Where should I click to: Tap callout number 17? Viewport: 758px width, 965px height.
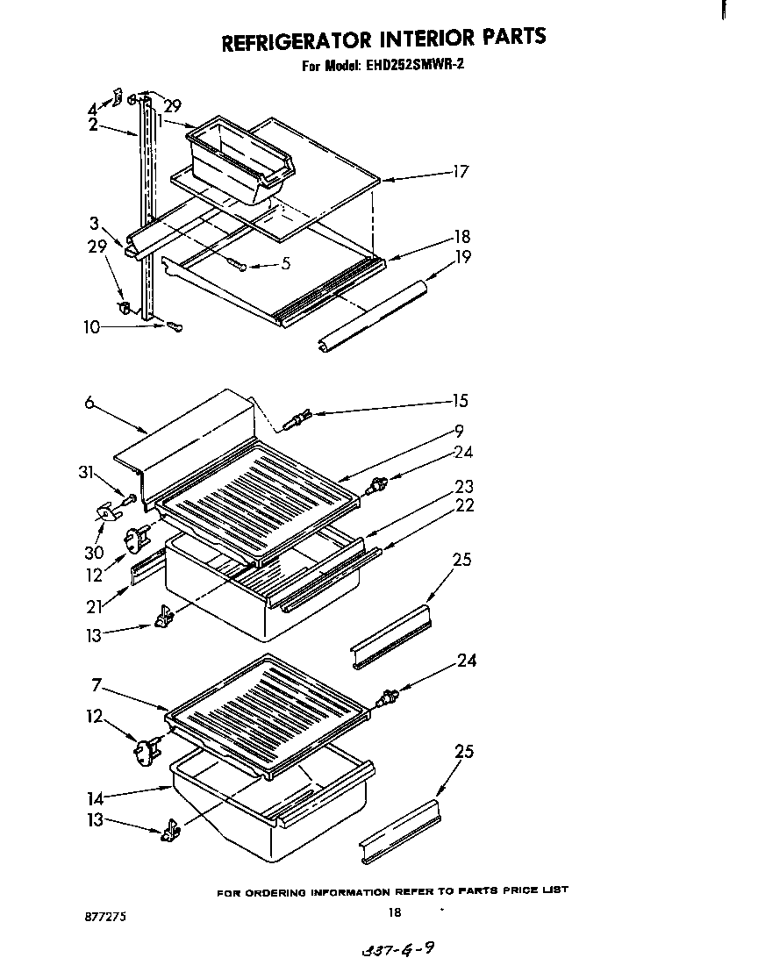click(460, 172)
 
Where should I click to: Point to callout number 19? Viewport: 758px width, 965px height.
click(462, 256)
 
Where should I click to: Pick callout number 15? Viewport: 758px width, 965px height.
click(460, 401)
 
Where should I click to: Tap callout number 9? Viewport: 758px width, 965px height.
click(459, 431)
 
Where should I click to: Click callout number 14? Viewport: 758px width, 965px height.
click(96, 798)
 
